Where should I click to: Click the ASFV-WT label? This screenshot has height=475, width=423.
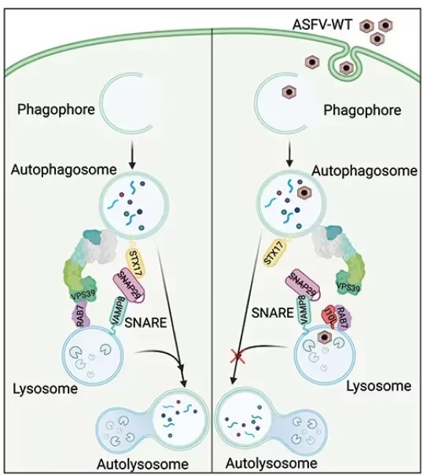click(x=322, y=24)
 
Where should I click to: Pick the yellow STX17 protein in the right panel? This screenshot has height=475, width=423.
click(x=274, y=252)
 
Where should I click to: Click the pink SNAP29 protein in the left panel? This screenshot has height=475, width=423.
click(x=129, y=284)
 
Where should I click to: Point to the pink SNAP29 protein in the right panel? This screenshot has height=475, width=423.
click(x=304, y=285)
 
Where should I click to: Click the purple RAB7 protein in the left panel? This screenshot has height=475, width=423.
click(x=80, y=315)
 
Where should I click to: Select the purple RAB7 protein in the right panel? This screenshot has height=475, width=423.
click(x=343, y=317)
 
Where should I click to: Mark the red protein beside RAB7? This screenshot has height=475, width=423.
click(x=329, y=317)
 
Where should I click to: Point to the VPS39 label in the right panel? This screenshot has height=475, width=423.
click(x=348, y=286)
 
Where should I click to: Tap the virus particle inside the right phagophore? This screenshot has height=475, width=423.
click(x=289, y=91)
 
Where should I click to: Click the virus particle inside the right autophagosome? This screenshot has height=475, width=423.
click(x=304, y=193)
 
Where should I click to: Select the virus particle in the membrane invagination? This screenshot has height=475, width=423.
click(x=347, y=68)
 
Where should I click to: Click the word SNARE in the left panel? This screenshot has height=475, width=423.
click(x=145, y=322)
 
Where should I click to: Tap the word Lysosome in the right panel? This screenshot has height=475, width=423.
click(x=378, y=386)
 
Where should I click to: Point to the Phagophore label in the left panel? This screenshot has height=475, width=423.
click(x=56, y=109)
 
